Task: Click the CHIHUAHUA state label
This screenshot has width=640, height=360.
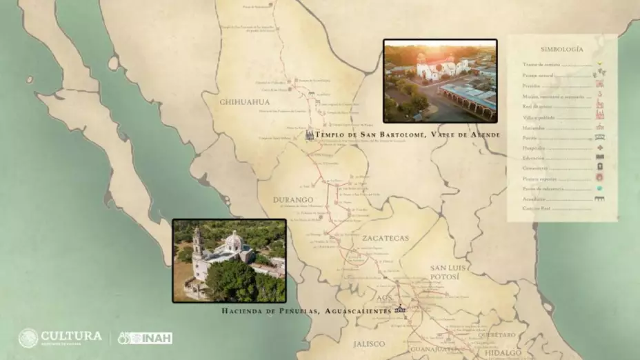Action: click(244, 102)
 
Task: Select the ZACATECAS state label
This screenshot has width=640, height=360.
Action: click(385, 239)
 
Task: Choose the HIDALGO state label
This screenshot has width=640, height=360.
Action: click(503, 353)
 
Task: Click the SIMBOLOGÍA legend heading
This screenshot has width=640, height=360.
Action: click(562, 50)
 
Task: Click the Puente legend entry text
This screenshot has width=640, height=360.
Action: click(530, 137)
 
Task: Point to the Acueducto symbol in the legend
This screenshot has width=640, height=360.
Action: click(599, 199)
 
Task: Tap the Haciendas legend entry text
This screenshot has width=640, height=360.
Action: click(535, 127)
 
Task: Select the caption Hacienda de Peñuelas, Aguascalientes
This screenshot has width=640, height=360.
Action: click(306, 311)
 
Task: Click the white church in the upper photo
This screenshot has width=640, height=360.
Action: click(438, 69)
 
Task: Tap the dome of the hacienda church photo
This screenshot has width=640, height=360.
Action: click(234, 241)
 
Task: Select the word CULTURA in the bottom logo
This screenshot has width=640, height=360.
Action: click(72, 335)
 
